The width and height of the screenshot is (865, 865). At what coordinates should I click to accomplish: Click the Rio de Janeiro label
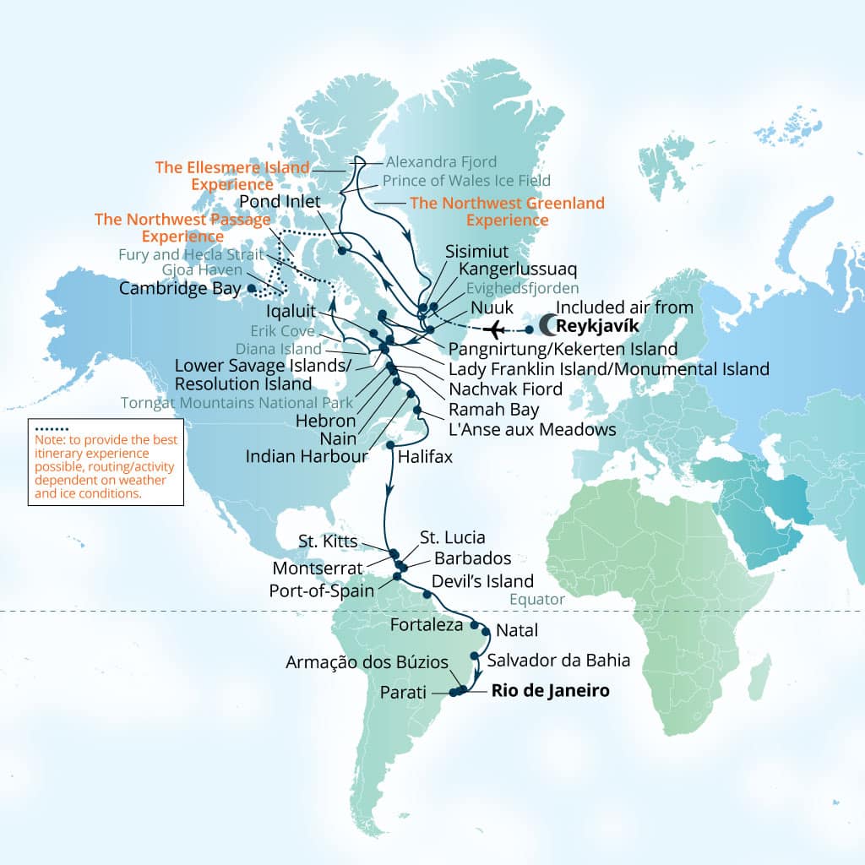(550, 691)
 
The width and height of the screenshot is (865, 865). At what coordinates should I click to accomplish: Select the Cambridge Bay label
(181, 288)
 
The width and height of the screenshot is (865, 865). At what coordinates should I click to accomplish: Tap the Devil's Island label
(482, 581)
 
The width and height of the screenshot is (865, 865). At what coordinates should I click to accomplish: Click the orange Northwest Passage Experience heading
(183, 227)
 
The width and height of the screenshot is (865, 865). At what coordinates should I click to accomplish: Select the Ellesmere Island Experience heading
(232, 176)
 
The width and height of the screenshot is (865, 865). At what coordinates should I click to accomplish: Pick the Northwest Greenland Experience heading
(507, 211)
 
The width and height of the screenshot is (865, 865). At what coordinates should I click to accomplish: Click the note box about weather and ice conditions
(105, 462)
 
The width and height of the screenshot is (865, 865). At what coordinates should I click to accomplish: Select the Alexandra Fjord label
(441, 161)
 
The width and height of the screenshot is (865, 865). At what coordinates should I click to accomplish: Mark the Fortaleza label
(427, 625)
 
